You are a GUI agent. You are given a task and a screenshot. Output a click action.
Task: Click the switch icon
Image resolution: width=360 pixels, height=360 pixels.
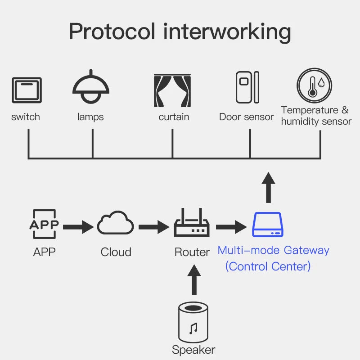coord(27,90)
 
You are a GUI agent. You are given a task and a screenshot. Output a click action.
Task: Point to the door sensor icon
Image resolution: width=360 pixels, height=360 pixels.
coord(247,87)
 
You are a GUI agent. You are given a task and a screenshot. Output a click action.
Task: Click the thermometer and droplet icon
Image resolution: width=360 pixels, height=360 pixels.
coord(314,85)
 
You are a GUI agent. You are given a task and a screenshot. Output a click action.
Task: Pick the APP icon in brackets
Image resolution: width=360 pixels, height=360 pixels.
coord(44,224)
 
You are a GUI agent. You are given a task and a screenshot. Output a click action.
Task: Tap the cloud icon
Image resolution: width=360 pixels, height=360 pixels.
coord(116,224)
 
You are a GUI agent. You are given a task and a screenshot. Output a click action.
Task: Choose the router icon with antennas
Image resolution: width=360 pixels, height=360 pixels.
coord(192,224)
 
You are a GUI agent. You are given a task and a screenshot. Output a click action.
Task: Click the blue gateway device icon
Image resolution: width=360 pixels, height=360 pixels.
coord(267,225)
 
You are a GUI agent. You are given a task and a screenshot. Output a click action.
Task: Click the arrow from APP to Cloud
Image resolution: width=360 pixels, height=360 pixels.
coord(78,227)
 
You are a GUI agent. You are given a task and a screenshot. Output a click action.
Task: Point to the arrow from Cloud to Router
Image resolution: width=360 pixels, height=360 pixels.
coord(153,227)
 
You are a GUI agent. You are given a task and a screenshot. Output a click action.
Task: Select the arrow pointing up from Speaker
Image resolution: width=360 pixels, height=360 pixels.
coord(194,280)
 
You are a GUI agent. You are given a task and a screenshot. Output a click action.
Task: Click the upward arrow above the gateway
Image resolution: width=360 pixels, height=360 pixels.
coord(269,187)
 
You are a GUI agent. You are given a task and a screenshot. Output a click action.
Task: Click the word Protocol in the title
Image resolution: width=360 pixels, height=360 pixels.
coord(111,31)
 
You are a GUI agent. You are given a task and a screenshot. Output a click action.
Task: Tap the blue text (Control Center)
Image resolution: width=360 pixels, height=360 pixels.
coord(268,266)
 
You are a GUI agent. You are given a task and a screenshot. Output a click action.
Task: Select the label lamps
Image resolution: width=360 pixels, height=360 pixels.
coord(90,117)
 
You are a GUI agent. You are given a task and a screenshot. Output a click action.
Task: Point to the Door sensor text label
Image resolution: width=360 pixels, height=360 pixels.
coord(246,117)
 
